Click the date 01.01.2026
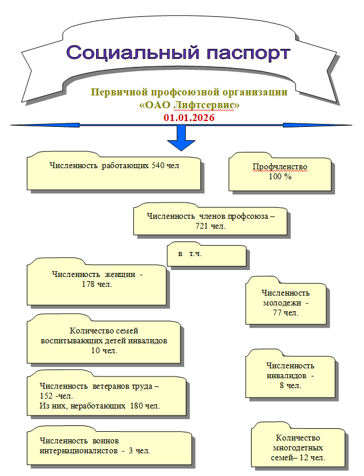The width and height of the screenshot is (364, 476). coord(189,118)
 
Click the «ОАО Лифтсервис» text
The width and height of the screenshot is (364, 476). coord(189,105)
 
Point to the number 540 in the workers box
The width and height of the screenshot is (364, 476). coord(158,165)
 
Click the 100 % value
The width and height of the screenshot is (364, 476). coord(280,176)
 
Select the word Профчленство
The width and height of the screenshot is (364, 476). coord(280,167)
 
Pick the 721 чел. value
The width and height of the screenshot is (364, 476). coord(210,226)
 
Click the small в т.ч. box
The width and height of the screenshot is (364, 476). coord(190,254)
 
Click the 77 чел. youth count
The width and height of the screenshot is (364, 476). coord(285,312)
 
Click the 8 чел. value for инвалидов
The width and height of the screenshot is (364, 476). coord(290,385)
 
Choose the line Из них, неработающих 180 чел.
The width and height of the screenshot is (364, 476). coord(100,406)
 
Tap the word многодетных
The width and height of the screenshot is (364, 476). coord(298,448)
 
